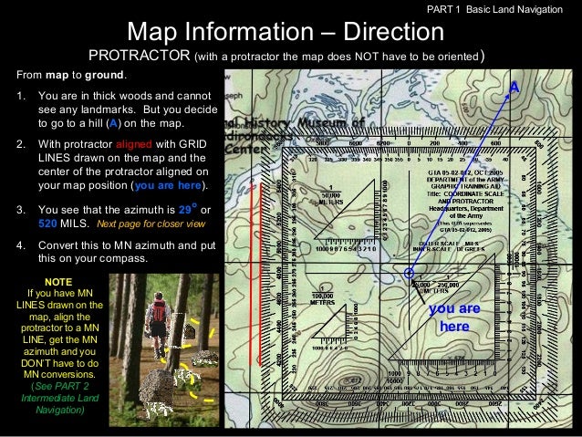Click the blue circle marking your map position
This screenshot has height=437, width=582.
pyautogui.click(x=410, y=273)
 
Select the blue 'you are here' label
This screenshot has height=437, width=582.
pyautogui.click(x=453, y=317)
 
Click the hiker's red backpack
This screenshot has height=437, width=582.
pyautogui.click(x=158, y=312)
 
